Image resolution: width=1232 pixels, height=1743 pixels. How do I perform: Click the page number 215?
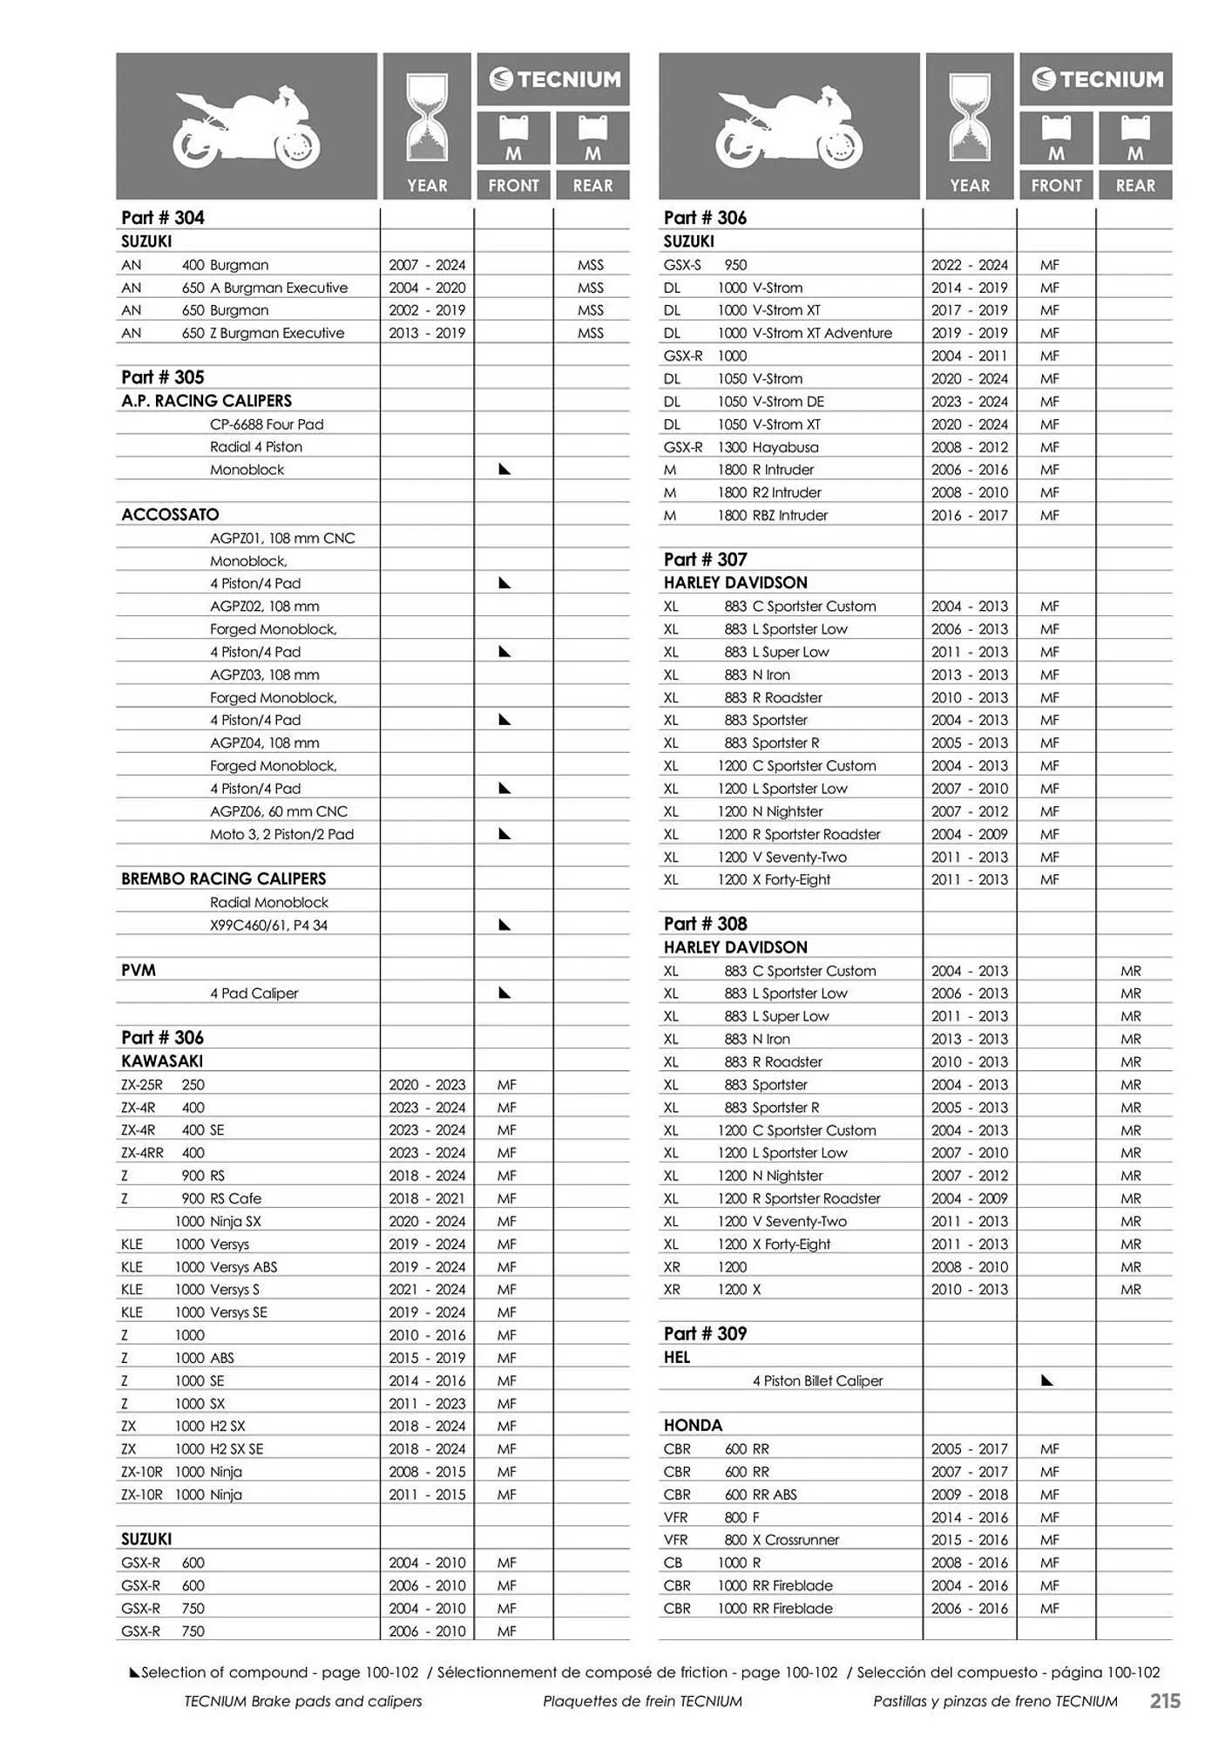[1164, 1700]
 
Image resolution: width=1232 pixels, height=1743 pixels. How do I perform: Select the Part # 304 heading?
[163, 218]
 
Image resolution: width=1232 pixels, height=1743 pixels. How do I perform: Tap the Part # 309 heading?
[705, 1333]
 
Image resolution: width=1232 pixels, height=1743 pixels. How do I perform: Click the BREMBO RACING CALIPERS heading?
[223, 878]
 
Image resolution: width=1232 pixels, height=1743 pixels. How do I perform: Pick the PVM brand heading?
[138, 970]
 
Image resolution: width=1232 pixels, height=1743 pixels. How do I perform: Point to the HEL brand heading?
[677, 1357]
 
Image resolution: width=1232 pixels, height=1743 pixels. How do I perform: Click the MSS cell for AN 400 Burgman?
[590, 265]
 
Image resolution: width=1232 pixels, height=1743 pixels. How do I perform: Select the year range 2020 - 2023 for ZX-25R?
[427, 1085]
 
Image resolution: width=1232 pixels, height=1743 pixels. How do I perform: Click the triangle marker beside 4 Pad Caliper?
[504, 993]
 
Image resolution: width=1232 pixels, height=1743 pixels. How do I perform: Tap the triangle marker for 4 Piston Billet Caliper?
[1047, 1380]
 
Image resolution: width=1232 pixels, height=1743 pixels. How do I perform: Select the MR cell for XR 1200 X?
[1131, 1290]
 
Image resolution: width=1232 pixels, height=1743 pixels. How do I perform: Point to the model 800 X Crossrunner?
[782, 1540]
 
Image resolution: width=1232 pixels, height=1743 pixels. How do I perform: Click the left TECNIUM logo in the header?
[554, 80]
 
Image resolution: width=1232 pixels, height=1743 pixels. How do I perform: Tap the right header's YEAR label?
[969, 186]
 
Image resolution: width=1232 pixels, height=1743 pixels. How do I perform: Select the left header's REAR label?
[592, 186]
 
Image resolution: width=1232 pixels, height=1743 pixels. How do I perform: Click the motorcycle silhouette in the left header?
[247, 128]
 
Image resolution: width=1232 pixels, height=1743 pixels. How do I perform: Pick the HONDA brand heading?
[693, 1425]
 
